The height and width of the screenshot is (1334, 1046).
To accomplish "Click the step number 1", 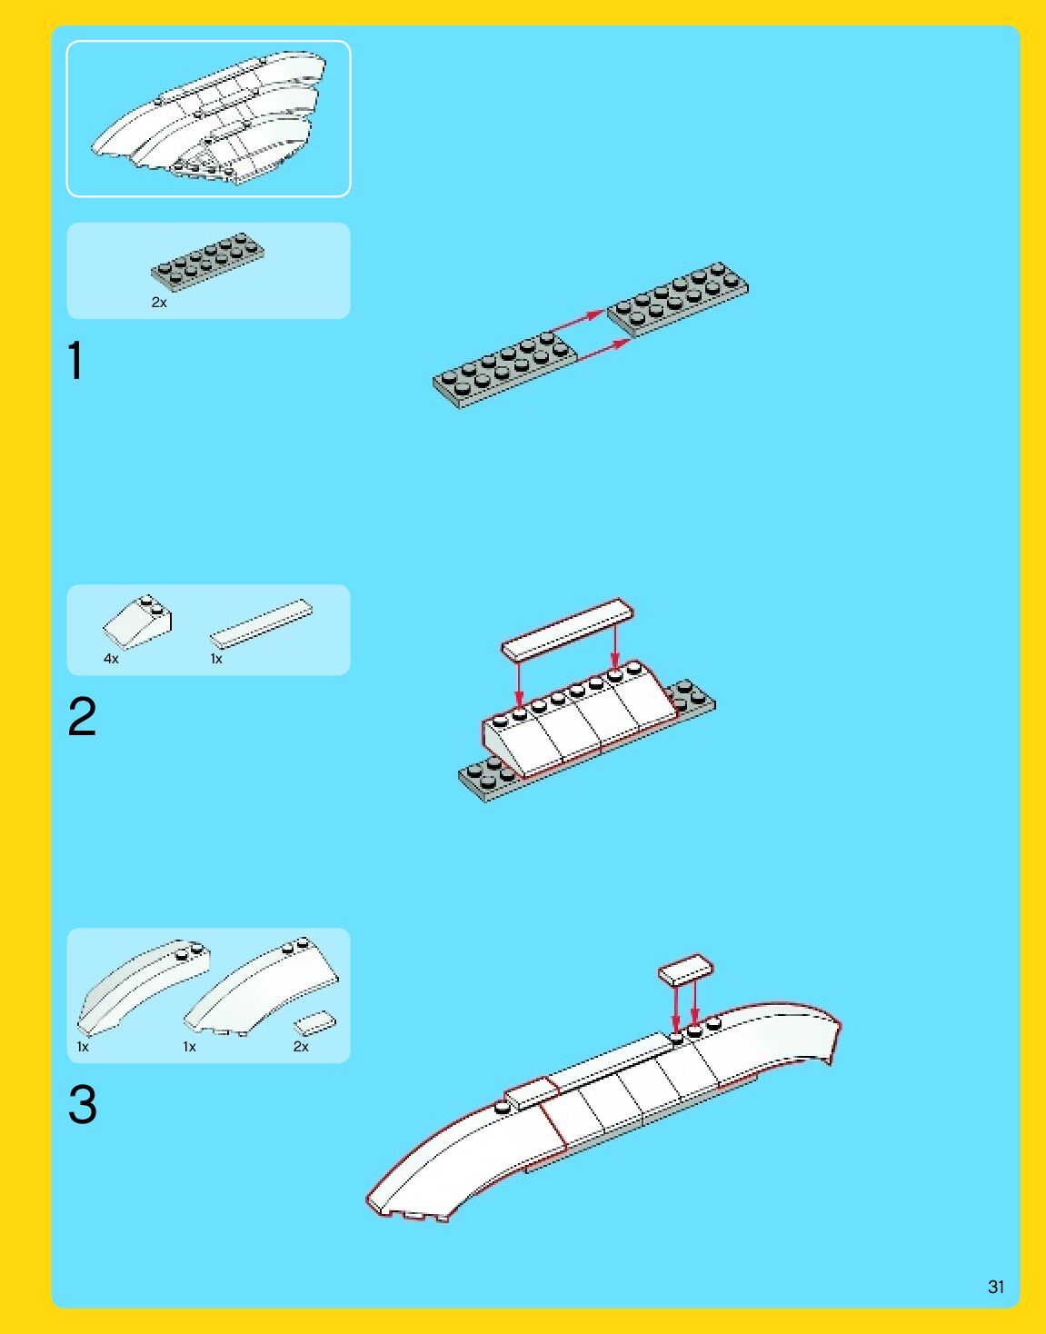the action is [75, 361].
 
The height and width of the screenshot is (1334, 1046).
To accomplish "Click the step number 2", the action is [83, 716].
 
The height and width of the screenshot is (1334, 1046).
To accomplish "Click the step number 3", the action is [83, 1104].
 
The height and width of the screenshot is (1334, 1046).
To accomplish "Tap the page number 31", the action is [996, 1287].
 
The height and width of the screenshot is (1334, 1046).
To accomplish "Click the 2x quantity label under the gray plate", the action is [159, 303].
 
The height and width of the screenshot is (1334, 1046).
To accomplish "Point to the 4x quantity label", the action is [111, 659].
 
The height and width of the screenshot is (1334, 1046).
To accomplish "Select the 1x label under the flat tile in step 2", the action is [216, 659].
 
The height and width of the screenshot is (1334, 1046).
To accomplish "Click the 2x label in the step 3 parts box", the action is [301, 1047].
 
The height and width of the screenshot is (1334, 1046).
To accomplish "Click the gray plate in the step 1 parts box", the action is [208, 262].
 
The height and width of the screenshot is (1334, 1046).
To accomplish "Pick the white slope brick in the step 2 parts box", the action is [137, 622].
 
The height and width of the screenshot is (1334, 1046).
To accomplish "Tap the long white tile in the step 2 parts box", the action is [262, 623].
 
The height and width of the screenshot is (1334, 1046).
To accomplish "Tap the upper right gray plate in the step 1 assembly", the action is [678, 300].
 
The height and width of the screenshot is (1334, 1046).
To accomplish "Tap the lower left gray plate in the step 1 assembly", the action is [504, 370].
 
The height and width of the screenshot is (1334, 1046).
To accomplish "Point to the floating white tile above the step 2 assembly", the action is [568, 630].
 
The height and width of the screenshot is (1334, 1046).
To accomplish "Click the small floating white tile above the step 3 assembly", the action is [686, 970].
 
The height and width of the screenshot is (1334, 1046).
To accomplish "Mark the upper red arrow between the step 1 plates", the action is [577, 323].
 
